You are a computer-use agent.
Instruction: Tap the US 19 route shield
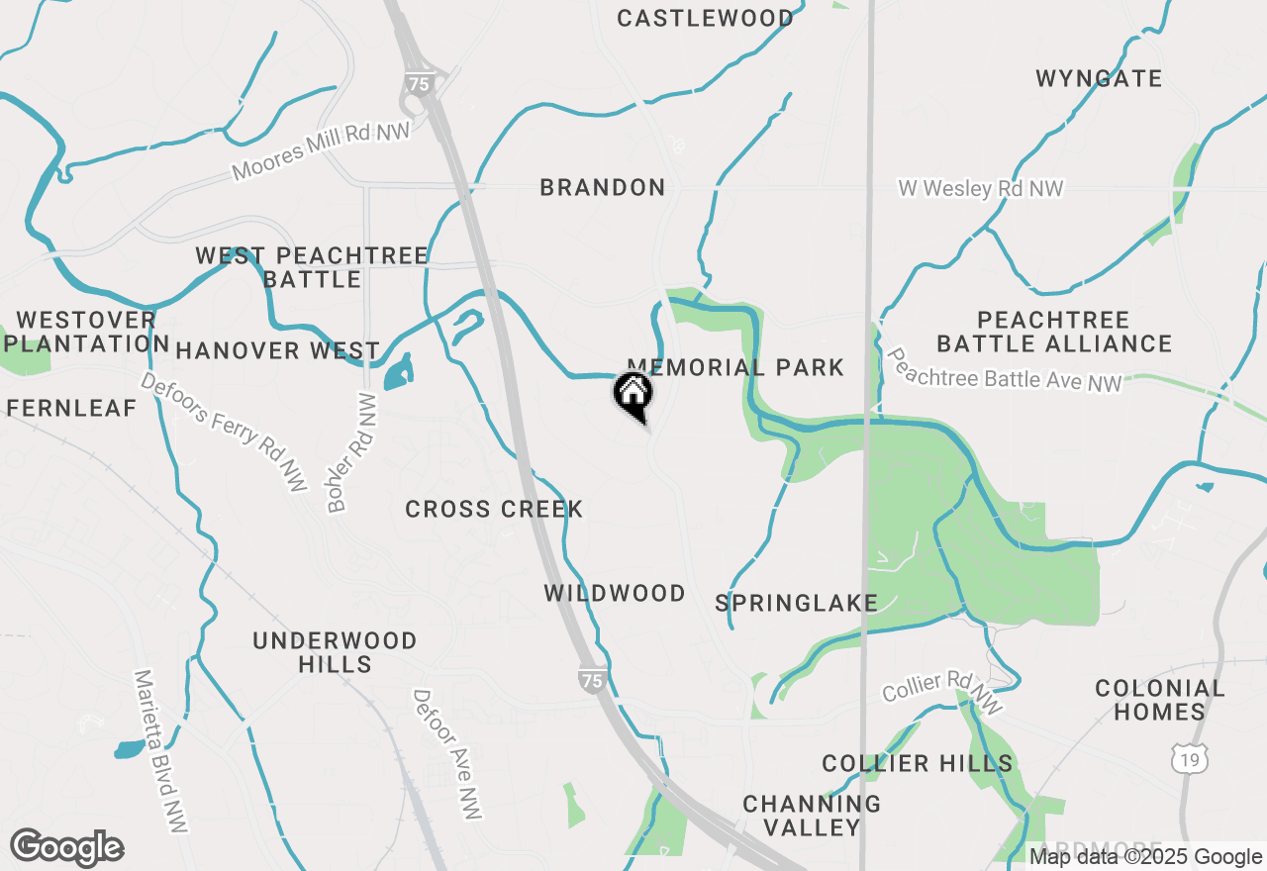(1189, 759)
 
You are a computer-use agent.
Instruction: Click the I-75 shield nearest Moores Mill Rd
(420, 84)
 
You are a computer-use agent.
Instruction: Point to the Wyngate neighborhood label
(1099, 78)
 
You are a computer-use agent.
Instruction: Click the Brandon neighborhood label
(603, 187)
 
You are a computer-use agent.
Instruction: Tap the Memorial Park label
(735, 367)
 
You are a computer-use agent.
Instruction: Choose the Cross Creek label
(494, 509)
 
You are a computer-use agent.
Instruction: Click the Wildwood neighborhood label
(615, 593)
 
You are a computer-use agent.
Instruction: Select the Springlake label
(797, 603)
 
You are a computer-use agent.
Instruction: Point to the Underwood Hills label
(335, 652)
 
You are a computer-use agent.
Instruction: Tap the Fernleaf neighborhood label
(71, 408)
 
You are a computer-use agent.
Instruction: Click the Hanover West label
(278, 350)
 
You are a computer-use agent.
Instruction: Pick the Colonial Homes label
(1159, 699)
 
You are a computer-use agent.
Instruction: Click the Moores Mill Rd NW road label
(321, 151)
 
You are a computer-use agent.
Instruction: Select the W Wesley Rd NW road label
(980, 188)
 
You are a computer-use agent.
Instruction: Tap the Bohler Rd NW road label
(352, 453)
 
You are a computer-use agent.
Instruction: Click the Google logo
(66, 847)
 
